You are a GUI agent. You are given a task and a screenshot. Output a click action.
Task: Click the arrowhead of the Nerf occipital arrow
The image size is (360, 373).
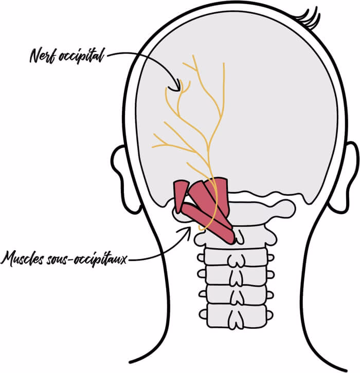[179, 85]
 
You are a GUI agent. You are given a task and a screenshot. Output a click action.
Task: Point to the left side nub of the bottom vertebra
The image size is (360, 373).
[204, 311]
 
